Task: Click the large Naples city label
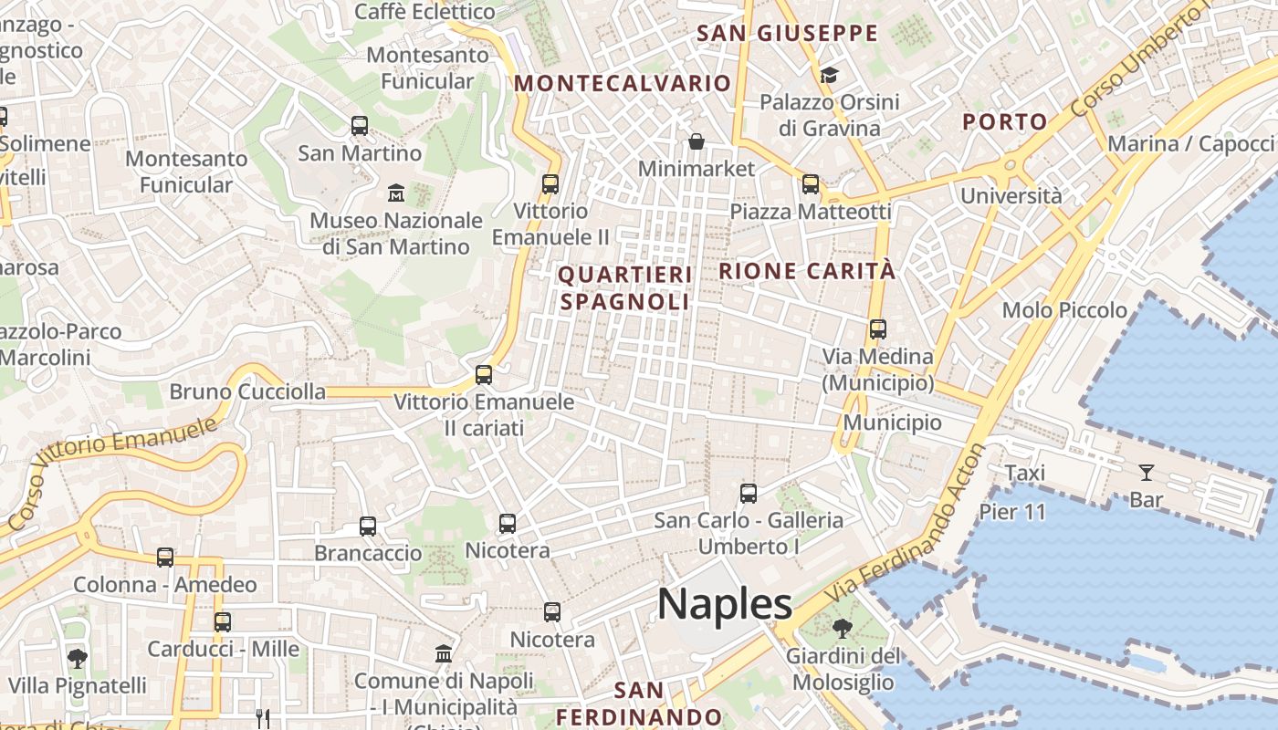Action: [725, 604]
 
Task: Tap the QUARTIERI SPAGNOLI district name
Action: [625, 288]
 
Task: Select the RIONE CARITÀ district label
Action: [807, 271]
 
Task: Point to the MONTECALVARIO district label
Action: [623, 84]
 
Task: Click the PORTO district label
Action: [1005, 121]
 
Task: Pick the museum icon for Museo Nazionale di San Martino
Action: [396, 193]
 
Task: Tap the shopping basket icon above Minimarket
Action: [697, 141]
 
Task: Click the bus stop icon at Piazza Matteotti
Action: [811, 184]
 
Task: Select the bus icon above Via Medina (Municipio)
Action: [878, 329]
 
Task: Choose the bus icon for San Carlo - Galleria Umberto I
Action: [749, 494]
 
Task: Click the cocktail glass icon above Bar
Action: [1147, 472]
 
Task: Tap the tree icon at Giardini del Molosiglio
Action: [842, 628]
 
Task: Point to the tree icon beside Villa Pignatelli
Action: [78, 658]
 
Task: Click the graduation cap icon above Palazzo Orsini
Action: [829, 75]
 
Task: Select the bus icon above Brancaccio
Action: [368, 526]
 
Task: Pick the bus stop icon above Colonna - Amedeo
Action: [165, 557]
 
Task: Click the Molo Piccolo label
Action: [1064, 310]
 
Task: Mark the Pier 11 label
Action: [1012, 512]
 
